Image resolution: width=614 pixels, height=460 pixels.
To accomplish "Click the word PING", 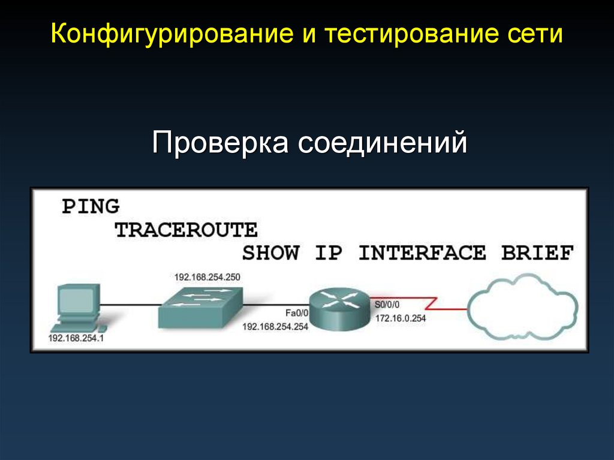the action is click(91, 207).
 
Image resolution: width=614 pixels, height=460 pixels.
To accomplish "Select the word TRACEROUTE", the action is click(186, 230).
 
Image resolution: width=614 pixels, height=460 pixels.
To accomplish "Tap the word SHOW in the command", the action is click(270, 253).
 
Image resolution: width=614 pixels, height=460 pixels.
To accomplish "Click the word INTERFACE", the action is click(422, 253).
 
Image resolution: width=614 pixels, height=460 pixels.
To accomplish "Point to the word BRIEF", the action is click(537, 253).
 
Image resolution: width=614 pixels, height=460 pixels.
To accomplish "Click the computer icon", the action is click(75, 309).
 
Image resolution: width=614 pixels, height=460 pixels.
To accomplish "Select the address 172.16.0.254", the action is click(400, 319).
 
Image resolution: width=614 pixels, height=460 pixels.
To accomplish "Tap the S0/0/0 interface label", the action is click(386, 305).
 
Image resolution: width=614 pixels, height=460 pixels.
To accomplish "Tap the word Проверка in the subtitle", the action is click(218, 144).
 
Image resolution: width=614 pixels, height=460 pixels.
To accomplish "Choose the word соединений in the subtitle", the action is click(383, 144).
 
